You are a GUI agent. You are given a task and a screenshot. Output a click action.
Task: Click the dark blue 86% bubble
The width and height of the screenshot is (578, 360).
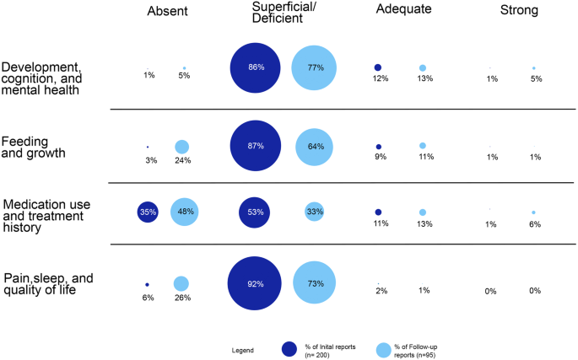(256, 67)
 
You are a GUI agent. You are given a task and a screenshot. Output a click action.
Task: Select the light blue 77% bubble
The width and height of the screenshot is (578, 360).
(315, 67)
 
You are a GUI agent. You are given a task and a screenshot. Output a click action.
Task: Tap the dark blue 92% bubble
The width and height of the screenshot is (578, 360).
(255, 284)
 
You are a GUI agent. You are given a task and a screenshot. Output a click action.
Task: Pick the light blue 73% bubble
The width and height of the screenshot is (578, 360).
(315, 284)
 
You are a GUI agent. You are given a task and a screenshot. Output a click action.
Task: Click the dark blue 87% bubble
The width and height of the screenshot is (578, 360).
(255, 146)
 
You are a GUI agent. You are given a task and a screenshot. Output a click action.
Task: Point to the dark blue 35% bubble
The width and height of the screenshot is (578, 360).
(149, 212)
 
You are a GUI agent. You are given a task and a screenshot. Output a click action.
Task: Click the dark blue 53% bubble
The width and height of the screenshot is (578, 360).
(255, 212)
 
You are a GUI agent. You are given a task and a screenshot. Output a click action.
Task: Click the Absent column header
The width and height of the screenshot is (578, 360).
(166, 11)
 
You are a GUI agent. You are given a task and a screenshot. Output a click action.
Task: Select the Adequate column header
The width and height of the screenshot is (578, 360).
(403, 11)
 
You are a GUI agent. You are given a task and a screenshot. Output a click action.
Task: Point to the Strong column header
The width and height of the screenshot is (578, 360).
(518, 11)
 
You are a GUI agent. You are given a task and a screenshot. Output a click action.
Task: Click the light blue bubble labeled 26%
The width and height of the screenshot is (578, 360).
(181, 284)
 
